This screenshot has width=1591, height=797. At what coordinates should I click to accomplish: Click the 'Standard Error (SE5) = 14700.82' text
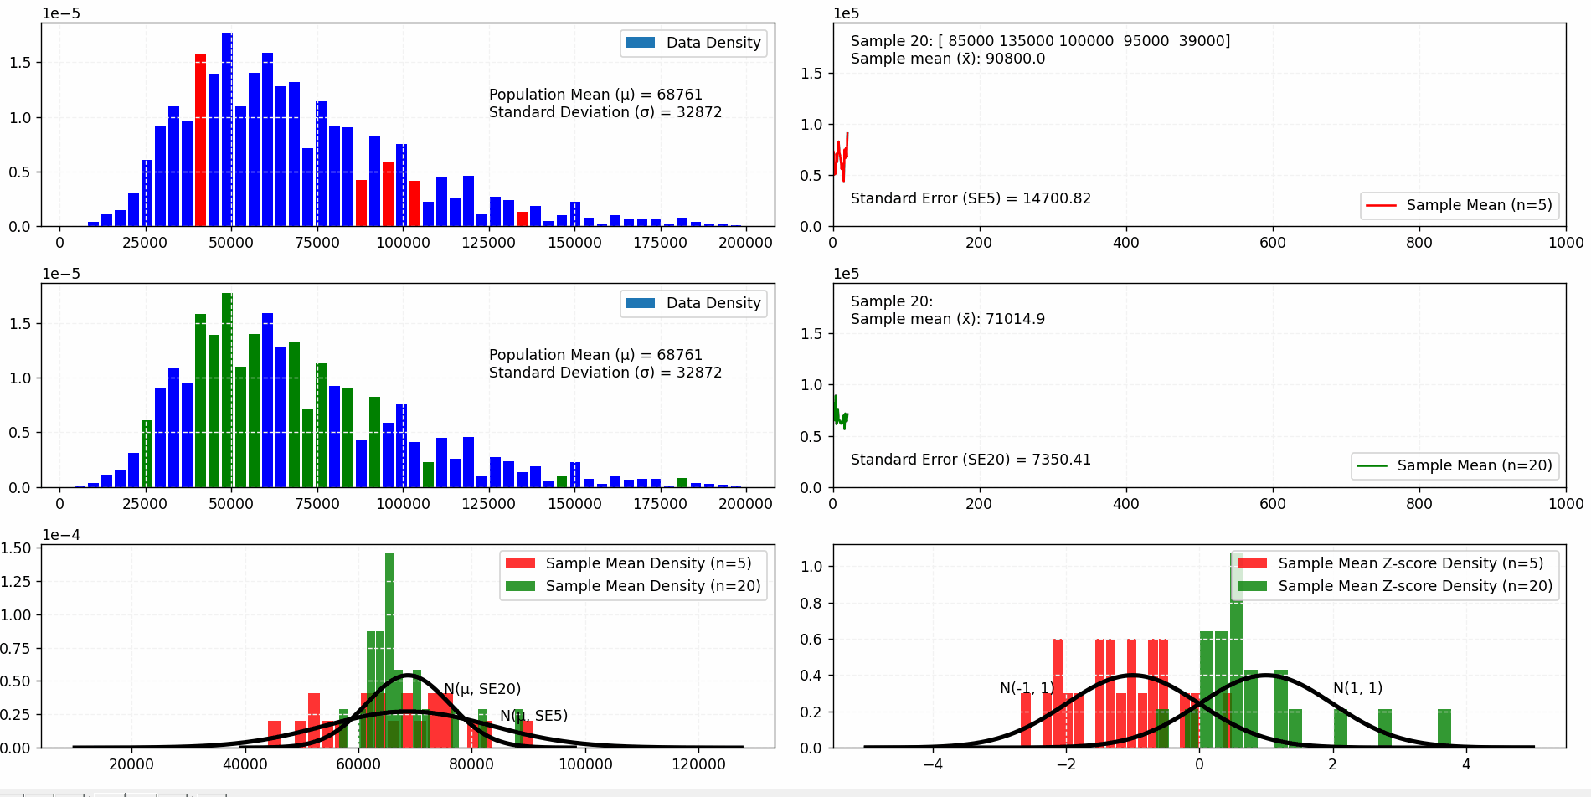coord(970,198)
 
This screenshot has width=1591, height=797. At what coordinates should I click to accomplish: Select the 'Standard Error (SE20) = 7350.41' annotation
coord(970,460)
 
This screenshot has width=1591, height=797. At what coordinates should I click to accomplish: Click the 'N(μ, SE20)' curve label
coord(481,689)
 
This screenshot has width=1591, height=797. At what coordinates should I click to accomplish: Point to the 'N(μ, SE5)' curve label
coord(533,716)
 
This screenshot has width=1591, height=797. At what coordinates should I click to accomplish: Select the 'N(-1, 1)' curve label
coord(1027,688)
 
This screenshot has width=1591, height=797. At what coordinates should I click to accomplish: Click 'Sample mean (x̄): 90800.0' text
coord(947,59)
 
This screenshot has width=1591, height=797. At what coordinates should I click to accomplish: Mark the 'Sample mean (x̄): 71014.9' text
coord(947,319)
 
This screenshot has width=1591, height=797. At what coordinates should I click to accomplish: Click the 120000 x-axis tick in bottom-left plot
coord(698,764)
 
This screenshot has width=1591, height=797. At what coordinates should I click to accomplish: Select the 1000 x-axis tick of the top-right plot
coord(1565,243)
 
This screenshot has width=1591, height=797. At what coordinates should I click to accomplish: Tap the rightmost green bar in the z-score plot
coord(1444,728)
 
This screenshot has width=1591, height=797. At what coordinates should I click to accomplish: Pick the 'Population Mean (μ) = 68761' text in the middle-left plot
coord(595,355)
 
